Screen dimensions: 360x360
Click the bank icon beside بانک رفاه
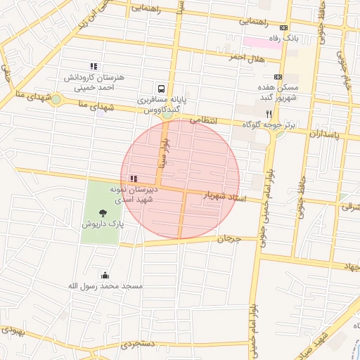point(283,27)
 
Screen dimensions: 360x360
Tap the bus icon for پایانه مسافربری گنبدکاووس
point(162,89)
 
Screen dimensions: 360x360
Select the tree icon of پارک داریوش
point(103,212)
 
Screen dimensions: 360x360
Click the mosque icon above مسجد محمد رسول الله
point(105,275)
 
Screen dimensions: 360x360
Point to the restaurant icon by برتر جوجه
point(268,113)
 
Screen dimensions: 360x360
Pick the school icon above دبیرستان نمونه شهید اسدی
point(134,179)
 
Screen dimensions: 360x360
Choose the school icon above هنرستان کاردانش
point(94,66)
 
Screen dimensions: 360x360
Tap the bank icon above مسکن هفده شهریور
point(278,77)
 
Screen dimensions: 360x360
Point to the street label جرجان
point(228,239)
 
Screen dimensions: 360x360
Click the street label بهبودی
point(14,330)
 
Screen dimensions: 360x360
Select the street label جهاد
point(350,266)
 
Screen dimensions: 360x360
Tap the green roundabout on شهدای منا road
point(56,99)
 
